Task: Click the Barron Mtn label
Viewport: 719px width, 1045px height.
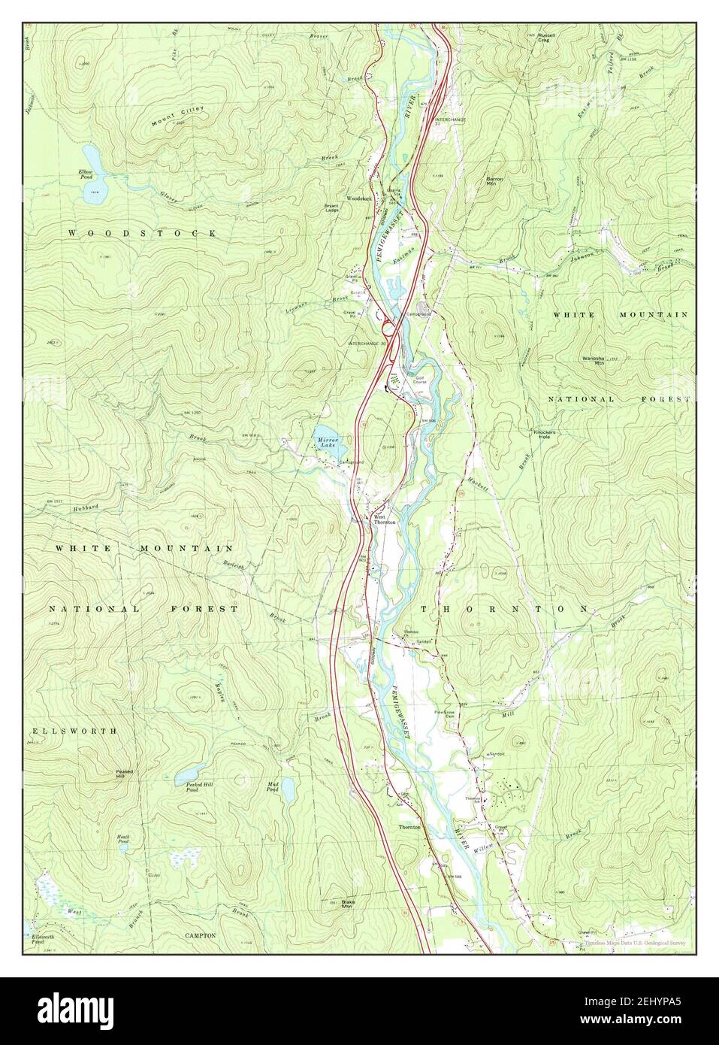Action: click(x=494, y=180)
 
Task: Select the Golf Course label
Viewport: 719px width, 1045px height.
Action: click(x=418, y=380)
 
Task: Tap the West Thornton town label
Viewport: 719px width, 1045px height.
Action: click(x=384, y=519)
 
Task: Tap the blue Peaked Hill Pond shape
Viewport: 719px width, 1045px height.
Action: click(x=188, y=772)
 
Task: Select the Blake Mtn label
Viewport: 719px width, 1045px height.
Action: click(x=347, y=904)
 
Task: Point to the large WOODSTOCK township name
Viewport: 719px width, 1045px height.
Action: click(x=143, y=234)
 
